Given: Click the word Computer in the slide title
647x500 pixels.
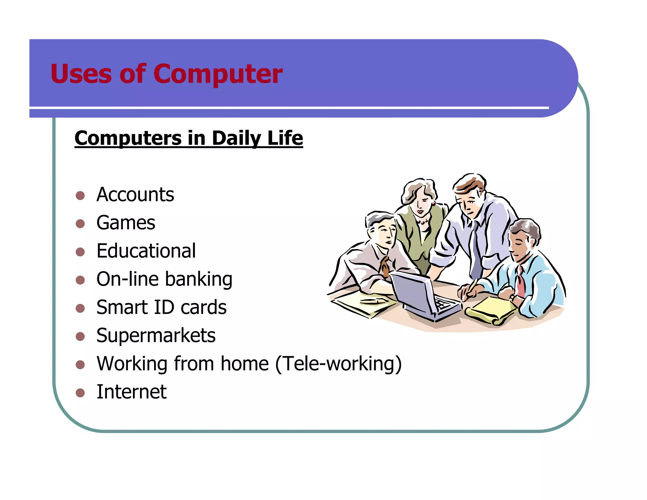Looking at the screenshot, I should [x=218, y=74].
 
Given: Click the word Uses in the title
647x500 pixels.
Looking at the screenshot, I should [x=81, y=74].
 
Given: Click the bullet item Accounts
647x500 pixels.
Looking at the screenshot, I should [x=135, y=194].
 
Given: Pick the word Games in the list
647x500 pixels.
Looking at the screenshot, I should [x=126, y=223].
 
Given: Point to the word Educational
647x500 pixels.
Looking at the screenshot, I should [x=146, y=251].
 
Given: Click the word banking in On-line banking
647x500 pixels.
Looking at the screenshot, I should [x=199, y=279].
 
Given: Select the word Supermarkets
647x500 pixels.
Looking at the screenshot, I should [x=156, y=335].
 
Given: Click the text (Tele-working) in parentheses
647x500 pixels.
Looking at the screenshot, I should [x=338, y=364].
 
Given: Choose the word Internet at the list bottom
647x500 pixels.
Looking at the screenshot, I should [x=131, y=392].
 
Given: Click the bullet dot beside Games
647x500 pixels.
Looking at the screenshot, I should [x=80, y=224].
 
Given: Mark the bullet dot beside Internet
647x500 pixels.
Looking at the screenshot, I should [x=80, y=393].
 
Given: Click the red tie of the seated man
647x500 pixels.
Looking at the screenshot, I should [x=521, y=281].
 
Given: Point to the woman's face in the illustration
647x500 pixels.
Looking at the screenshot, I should [x=422, y=202].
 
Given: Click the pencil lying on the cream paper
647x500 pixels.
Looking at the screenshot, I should [x=373, y=301].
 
